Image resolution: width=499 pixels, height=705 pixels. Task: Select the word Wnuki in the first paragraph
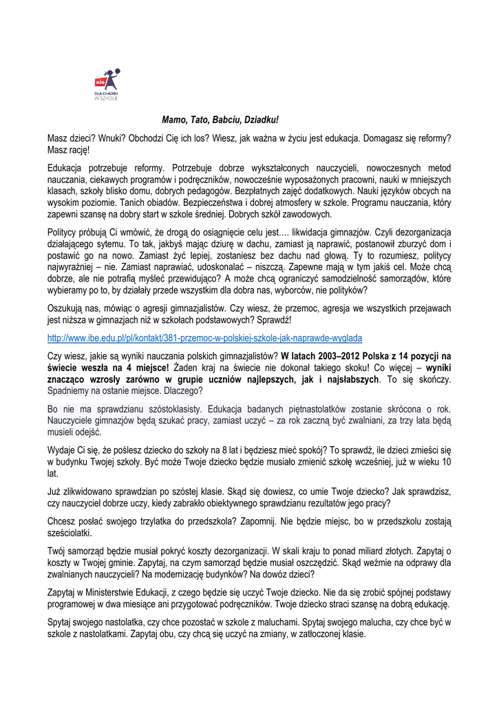point(103,138)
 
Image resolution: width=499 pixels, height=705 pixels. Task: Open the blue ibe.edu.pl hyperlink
point(204,338)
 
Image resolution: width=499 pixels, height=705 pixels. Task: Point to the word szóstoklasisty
point(173,408)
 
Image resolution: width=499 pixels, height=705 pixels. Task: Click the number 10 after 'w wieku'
point(447,461)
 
